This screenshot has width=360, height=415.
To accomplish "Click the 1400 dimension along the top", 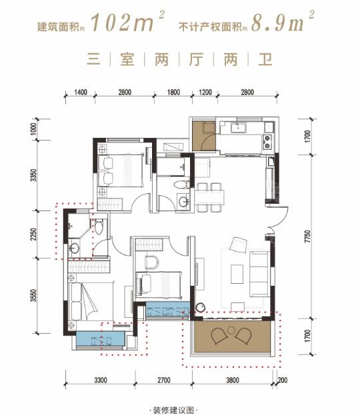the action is (x=81, y=92).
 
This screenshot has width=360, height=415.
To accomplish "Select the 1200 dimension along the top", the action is (x=205, y=92).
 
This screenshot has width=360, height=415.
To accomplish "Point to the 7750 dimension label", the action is (x=307, y=236).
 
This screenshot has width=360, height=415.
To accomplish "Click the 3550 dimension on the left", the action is (x=33, y=296).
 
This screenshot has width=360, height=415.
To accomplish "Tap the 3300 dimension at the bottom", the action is (x=101, y=380).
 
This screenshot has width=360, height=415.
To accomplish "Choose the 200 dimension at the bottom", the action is (x=283, y=380).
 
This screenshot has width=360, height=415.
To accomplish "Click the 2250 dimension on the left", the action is (x=33, y=234).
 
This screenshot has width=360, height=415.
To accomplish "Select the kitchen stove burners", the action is (x=267, y=142).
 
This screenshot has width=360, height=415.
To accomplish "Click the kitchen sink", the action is (x=239, y=128).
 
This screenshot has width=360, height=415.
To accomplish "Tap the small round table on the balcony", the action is (x=231, y=330).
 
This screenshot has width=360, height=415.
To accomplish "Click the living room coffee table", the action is (x=237, y=274).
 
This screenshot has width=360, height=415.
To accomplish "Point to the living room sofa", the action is (x=259, y=274).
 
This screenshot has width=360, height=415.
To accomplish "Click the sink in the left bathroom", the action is (x=74, y=248).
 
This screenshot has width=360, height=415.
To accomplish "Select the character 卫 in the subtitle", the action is (x=265, y=59).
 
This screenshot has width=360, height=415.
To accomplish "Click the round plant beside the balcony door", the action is (x=200, y=307).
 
